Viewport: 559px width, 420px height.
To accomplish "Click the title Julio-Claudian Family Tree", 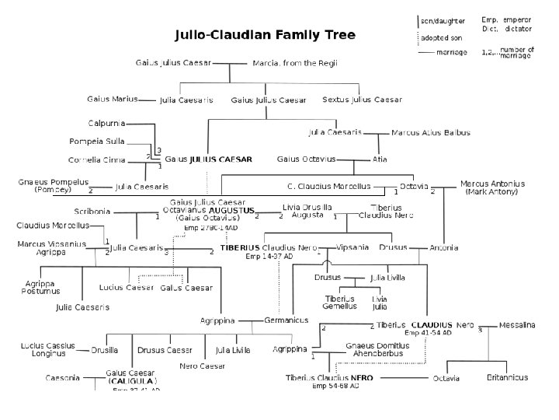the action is tap(264, 35).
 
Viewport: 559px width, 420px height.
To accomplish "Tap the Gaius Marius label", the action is tap(113, 99).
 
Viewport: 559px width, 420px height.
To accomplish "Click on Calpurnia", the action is tap(107, 122).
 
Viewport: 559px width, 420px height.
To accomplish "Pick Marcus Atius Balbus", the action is tap(431, 133).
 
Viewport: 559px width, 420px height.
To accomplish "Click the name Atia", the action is tap(380, 159).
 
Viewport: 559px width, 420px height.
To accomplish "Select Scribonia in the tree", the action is tap(92, 211).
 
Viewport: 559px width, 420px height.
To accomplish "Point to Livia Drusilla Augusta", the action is tap(307, 210).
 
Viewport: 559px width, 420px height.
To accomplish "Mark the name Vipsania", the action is tap(353, 247).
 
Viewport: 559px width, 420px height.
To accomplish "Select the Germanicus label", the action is tap(286, 320).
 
